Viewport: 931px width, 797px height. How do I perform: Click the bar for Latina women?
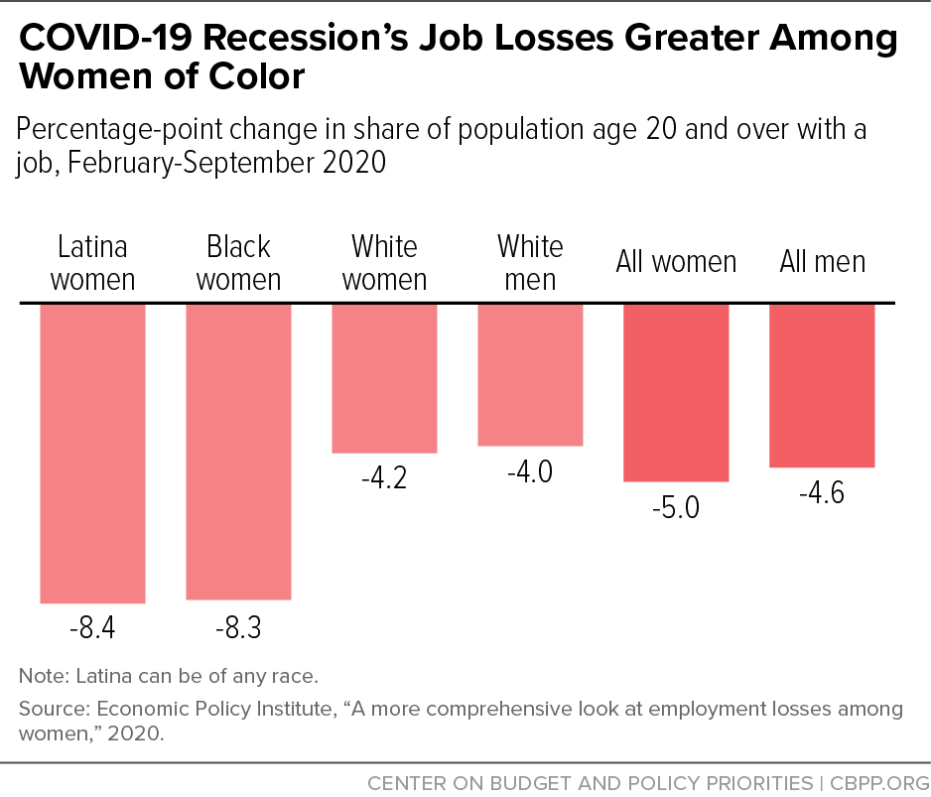click(92, 453)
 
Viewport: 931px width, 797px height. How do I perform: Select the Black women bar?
click(238, 451)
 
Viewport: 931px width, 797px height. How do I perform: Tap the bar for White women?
click(384, 377)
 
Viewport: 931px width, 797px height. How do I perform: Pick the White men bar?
click(530, 374)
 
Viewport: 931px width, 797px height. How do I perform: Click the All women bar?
click(676, 392)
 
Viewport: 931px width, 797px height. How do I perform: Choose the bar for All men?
click(822, 385)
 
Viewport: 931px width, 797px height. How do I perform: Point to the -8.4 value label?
click(92, 629)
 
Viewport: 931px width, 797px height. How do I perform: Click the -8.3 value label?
click(238, 628)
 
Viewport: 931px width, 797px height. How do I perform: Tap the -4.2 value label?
click(384, 478)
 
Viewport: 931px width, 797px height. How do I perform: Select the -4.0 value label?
click(530, 471)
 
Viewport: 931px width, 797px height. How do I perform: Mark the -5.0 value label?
click(676, 508)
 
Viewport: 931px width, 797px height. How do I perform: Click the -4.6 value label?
click(822, 493)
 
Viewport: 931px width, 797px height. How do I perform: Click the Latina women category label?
click(92, 262)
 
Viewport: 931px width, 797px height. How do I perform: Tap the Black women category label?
click(238, 262)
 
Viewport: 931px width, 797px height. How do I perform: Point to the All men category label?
click(822, 262)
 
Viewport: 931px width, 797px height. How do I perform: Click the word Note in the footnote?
click(41, 677)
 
